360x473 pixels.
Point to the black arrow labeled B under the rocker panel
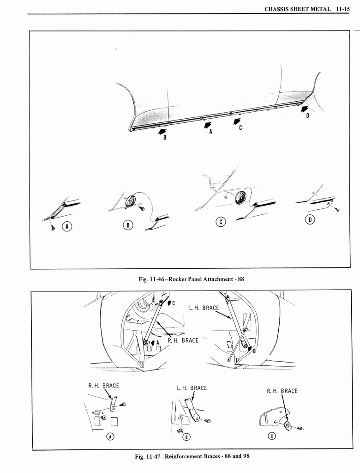(x=162, y=132)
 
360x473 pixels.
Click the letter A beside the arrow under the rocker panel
(x=210, y=131)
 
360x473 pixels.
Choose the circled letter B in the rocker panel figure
(x=129, y=225)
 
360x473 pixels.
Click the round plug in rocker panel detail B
(x=131, y=201)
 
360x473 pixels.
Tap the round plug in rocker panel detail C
(x=240, y=198)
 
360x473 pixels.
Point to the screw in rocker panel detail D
(x=337, y=210)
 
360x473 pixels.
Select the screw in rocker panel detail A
(x=53, y=228)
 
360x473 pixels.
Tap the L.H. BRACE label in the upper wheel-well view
(x=204, y=308)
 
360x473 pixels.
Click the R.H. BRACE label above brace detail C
(x=282, y=391)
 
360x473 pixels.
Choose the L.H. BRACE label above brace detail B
(x=192, y=388)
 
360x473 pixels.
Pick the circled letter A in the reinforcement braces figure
(x=109, y=436)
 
